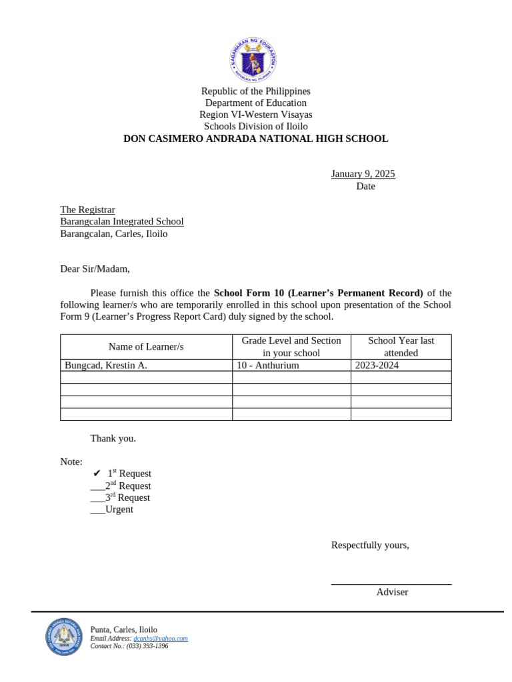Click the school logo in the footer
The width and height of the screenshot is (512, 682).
pos(63,637)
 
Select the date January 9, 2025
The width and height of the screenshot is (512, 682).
pos(363,174)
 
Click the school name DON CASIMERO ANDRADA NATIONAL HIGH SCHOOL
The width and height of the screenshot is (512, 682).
pos(255,139)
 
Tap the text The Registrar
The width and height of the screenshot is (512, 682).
pos(87,210)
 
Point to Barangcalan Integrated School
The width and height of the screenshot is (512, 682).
pos(121,222)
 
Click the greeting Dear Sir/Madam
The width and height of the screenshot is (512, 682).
pos(95,269)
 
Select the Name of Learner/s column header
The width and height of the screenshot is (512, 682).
pos(146,346)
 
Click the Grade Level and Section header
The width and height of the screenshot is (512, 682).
pos(291,346)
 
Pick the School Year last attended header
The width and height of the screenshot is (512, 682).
pos(401,346)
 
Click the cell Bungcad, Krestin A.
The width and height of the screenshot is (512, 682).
pos(106,365)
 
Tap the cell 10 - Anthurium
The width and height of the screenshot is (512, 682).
pos(268,365)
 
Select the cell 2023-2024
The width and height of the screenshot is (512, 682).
pos(377,365)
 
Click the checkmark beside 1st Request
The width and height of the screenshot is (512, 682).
pos(97,474)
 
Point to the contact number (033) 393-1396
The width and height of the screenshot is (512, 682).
pos(147,646)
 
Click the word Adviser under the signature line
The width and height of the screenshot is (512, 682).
pos(392,592)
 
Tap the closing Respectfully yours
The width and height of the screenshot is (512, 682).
pos(370,545)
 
